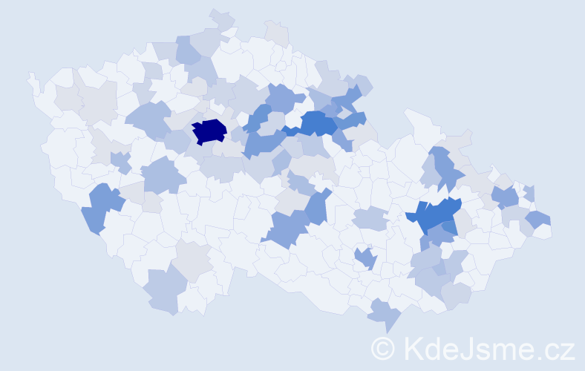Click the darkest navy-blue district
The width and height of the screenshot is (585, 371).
210,131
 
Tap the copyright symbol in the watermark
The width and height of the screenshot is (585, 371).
383,347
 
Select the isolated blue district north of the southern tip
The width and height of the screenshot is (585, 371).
365,257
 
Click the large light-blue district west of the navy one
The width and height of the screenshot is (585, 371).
150,119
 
